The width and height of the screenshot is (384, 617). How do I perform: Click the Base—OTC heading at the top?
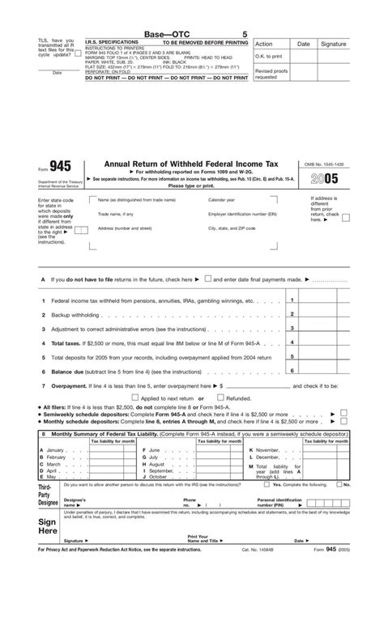[164, 33]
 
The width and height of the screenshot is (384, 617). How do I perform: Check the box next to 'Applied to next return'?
[135, 398]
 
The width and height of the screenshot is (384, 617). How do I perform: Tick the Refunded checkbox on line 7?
[220, 398]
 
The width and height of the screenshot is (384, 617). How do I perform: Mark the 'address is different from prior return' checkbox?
[346, 217]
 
